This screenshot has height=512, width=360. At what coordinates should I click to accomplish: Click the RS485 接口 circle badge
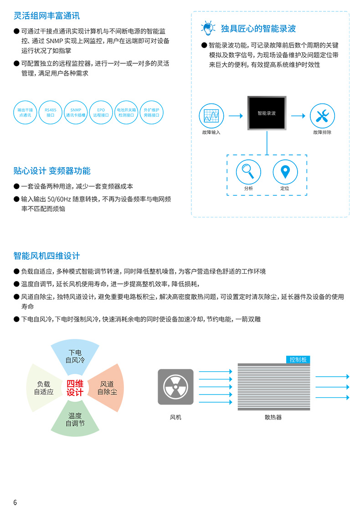pyautogui.click(x=50, y=113)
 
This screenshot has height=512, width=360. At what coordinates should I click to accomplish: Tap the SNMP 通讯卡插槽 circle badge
pyautogui.click(x=76, y=113)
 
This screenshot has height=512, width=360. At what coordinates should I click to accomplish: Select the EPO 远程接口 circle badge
pyautogui.click(x=101, y=113)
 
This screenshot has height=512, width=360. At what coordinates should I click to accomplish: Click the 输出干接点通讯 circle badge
pyautogui.click(x=25, y=113)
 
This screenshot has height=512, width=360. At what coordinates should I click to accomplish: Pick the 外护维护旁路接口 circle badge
pyautogui.click(x=152, y=113)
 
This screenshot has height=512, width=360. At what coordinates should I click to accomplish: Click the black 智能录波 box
pyautogui.click(x=267, y=113)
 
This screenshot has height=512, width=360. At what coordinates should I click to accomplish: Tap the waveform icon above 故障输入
pyautogui.click(x=211, y=116)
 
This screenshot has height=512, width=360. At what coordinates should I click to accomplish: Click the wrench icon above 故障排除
pyautogui.click(x=323, y=116)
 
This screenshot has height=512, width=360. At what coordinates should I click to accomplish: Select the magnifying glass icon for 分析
pyautogui.click(x=249, y=172)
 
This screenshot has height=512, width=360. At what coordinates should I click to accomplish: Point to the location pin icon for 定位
pyautogui.click(x=285, y=172)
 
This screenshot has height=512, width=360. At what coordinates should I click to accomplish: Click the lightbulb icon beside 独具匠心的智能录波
pyautogui.click(x=208, y=28)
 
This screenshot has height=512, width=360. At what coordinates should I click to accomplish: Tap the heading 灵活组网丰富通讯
pyautogui.click(x=46, y=15)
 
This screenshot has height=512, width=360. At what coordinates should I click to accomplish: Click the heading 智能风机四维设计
pyautogui.click(x=46, y=256)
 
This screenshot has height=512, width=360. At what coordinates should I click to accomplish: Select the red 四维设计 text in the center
pyautogui.click(x=75, y=388)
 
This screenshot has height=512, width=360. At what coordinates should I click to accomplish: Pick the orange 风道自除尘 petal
pyautogui.click(x=108, y=388)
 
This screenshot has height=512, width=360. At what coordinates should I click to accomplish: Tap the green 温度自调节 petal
pyautogui.click(x=75, y=420)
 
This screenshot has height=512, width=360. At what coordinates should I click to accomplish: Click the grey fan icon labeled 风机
pyautogui.click(x=176, y=387)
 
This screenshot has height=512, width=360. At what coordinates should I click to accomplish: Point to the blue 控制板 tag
pyautogui.click(x=298, y=359)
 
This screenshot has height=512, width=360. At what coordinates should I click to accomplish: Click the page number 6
pyautogui.click(x=15, y=502)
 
